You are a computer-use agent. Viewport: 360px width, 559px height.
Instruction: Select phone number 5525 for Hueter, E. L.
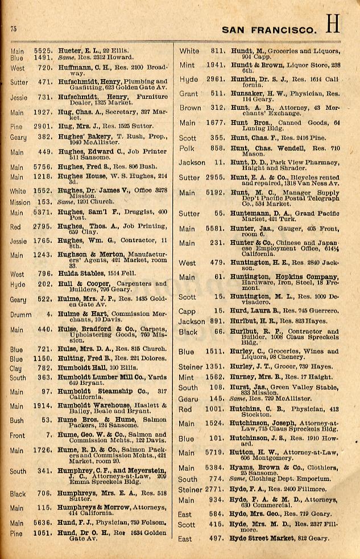pos(43,50)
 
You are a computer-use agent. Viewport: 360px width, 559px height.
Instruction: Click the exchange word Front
pos(17,435)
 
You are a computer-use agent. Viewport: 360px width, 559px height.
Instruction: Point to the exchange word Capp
pos(187,311)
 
